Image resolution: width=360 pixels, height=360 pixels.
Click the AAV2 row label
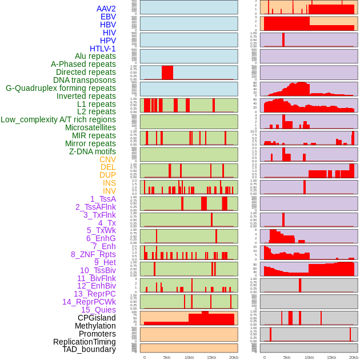(x=106, y=9)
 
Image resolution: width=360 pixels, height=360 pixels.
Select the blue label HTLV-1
(x=102, y=49)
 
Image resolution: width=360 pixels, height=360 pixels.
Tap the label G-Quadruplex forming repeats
(x=61, y=88)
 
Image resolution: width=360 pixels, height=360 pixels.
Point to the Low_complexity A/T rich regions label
(x=58, y=119)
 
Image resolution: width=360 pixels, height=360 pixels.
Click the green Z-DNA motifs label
(x=92, y=151)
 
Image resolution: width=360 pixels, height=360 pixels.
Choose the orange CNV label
(x=107, y=159)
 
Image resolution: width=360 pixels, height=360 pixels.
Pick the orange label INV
(x=109, y=191)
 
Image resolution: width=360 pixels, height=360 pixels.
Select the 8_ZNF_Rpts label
(x=93, y=254)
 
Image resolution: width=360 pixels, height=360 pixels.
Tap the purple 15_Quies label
(x=98, y=310)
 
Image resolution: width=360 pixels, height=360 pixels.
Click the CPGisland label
(x=97, y=318)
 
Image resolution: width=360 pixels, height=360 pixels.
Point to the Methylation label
(x=95, y=326)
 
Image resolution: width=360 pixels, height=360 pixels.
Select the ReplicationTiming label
(x=84, y=342)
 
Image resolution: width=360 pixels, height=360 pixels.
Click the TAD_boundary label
(x=89, y=349)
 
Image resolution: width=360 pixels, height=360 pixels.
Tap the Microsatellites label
(x=90, y=127)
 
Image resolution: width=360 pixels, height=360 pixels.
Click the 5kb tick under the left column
(x=167, y=357)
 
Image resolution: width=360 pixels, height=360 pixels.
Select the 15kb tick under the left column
(x=211, y=357)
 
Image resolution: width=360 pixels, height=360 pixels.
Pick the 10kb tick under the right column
(x=309, y=357)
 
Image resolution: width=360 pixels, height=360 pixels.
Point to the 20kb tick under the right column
(x=354, y=357)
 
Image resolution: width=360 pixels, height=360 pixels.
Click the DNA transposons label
(x=85, y=80)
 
